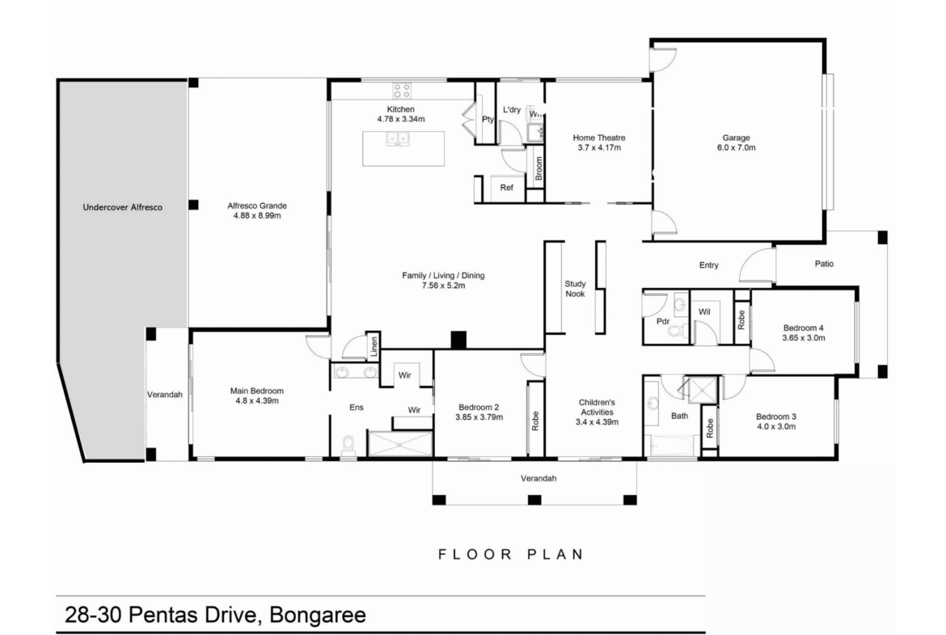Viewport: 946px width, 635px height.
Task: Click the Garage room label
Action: [x=736, y=138]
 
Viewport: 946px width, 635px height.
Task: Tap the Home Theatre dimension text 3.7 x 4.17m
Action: [x=599, y=147]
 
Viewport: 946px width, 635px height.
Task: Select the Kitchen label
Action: [x=400, y=109]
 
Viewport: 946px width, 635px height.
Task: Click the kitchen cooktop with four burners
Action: [x=402, y=91]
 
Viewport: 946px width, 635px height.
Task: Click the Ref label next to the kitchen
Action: [x=507, y=188]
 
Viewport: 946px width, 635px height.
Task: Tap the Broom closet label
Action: [x=538, y=168]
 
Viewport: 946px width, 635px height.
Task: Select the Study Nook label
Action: [x=575, y=289]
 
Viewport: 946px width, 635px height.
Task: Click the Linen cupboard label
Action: [x=374, y=346]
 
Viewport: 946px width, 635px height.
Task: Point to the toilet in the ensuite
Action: [x=348, y=446]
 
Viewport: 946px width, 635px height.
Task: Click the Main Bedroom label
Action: [x=257, y=391]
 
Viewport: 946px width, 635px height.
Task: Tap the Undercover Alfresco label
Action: [x=122, y=207]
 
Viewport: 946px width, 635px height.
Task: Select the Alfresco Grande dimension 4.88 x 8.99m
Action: [x=257, y=215]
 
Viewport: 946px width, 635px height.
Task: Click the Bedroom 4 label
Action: [x=804, y=328]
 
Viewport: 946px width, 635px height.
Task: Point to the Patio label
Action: [x=824, y=264]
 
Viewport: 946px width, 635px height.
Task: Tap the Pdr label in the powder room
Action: [x=663, y=321]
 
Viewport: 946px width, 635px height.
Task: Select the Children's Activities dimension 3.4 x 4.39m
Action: [x=597, y=422]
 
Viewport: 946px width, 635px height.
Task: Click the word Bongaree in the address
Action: [x=317, y=615]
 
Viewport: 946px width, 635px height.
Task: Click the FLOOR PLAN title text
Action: [x=511, y=554]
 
